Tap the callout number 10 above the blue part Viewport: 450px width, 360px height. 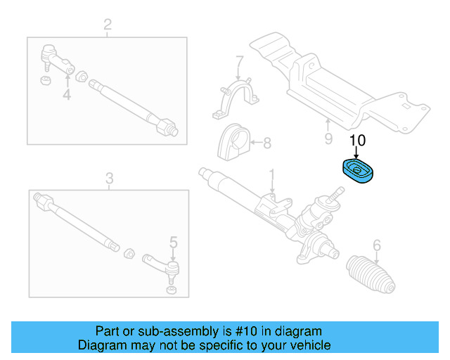pyautogui.click(x=357, y=140)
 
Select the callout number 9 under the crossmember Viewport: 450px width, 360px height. pyautogui.click(x=328, y=139)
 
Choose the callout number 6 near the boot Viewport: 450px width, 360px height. pyautogui.click(x=377, y=245)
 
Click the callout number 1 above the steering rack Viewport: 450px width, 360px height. pyautogui.click(x=273, y=174)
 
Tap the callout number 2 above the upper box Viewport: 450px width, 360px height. pyautogui.click(x=107, y=27)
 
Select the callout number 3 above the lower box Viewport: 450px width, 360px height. pyautogui.click(x=109, y=179)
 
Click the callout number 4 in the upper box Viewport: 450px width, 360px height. pyautogui.click(x=67, y=94)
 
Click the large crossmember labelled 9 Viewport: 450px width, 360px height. pyautogui.click(x=330, y=84)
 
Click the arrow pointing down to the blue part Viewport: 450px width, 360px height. pyautogui.click(x=357, y=152)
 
